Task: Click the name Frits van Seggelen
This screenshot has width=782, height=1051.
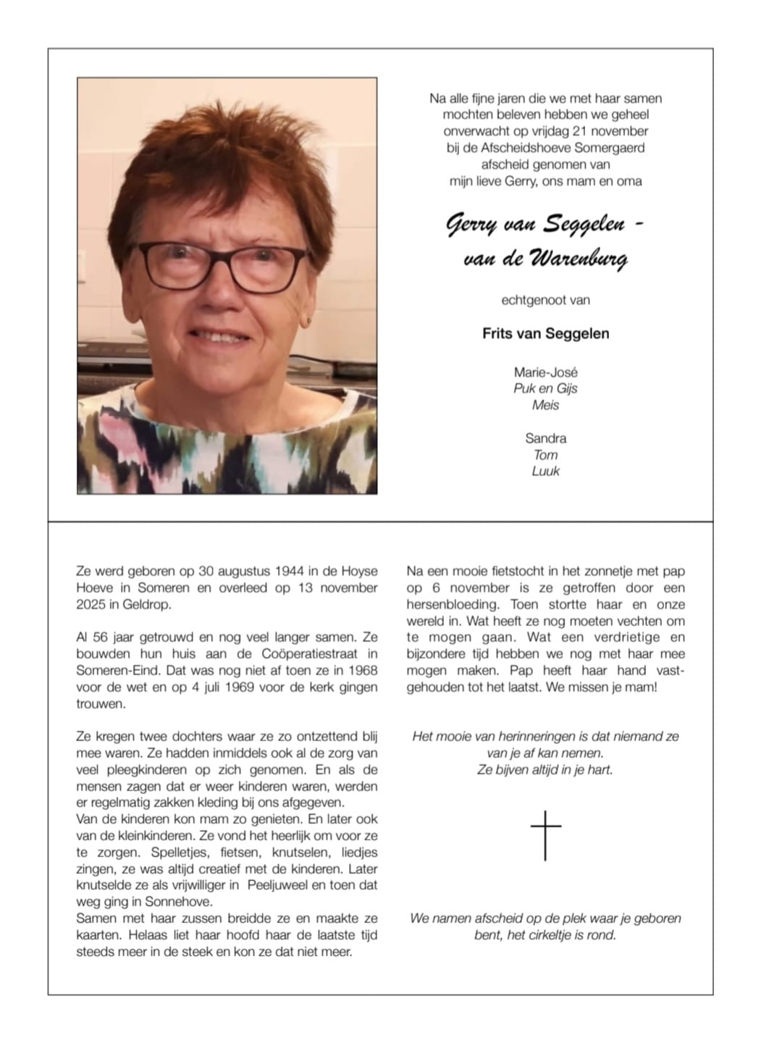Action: tap(545, 333)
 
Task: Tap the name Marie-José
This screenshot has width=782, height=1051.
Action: tap(545, 372)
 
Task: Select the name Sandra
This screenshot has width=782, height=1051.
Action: tap(545, 438)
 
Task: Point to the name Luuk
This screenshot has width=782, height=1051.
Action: tap(545, 471)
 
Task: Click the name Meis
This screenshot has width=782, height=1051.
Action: tap(545, 405)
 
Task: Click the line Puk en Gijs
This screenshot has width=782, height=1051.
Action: tap(545, 388)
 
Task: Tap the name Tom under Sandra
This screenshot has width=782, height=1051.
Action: tap(545, 455)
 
